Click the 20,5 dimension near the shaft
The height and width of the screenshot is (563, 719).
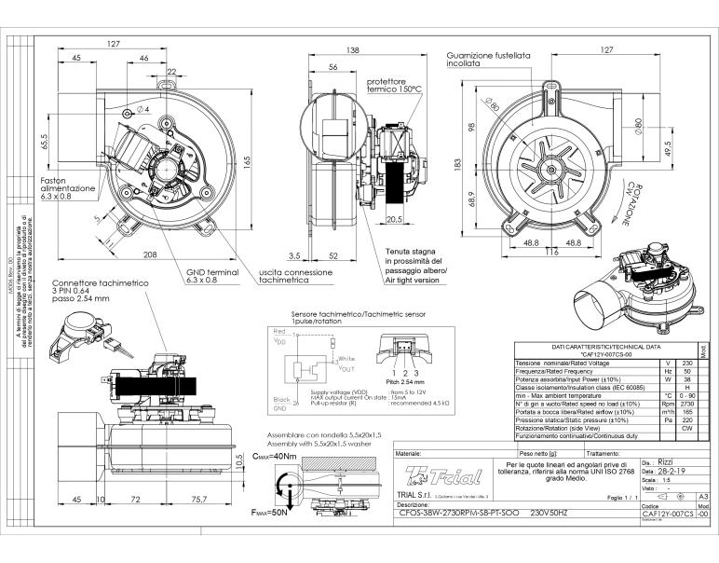tap(393, 221)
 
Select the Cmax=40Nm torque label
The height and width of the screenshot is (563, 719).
tap(277, 456)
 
